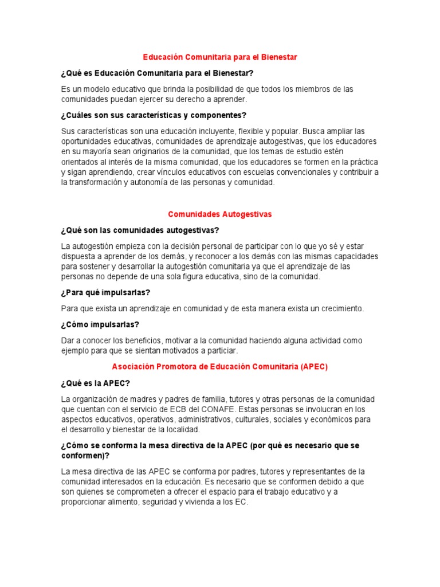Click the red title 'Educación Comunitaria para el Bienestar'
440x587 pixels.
click(219, 57)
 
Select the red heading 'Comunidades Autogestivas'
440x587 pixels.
click(219, 214)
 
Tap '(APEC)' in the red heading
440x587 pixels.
click(313, 367)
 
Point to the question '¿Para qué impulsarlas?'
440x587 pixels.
click(105, 292)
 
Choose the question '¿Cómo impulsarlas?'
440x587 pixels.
click(100, 324)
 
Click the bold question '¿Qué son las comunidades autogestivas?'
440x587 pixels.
click(140, 230)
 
